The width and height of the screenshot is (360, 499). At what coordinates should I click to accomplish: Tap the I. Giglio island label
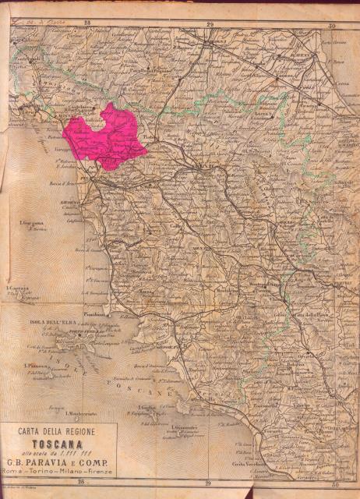point(146,407)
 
